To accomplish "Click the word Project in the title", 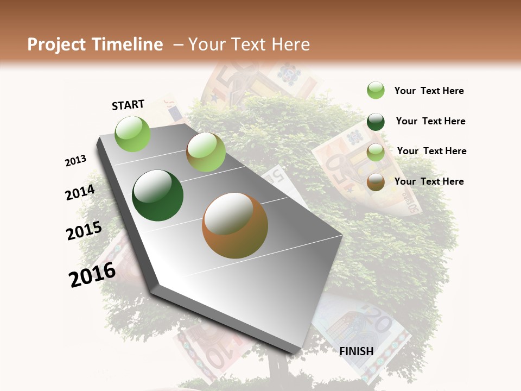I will point(56,45).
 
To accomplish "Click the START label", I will point(128,105).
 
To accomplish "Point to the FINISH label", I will point(357,351).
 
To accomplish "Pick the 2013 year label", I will point(76,160).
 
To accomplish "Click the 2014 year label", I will point(80,192).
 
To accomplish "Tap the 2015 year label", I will point(84,230).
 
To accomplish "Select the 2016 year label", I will point(92,274).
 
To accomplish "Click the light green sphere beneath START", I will point(133,134).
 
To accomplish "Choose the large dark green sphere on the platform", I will point(158,195).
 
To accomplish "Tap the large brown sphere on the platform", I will point(235,225).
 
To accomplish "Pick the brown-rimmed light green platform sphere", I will point(206,153).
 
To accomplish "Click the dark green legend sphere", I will point(376,122).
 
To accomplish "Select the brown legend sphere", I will point(376,182).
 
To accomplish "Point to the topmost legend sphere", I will point(376,90).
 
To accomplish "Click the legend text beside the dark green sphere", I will point(430,121).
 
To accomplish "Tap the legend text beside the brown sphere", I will point(429,181).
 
